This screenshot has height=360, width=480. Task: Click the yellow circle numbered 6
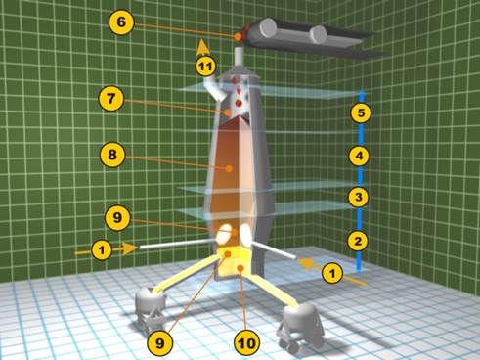[x=121, y=22]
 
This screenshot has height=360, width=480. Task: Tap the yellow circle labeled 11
[x=205, y=67]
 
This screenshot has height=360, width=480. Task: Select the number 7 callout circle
[x=111, y=99]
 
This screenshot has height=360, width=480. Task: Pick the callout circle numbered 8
[x=112, y=155]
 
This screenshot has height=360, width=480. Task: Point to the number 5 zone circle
[x=361, y=112]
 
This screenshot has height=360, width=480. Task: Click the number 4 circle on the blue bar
[x=359, y=156]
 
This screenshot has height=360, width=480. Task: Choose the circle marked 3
[x=359, y=197]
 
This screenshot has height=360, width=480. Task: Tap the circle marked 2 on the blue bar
[x=358, y=241]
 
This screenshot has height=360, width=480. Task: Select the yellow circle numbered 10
[x=246, y=343]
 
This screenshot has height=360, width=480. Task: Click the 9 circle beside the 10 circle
[x=159, y=343]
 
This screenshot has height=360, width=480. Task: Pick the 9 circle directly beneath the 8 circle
[x=117, y=217]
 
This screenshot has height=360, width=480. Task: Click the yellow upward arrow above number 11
[x=203, y=47]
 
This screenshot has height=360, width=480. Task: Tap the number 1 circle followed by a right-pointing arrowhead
[x=102, y=250]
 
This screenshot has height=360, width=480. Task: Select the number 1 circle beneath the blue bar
[x=332, y=273]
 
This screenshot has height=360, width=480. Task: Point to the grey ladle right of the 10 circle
[x=301, y=326]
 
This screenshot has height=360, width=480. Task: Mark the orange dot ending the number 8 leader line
[x=229, y=168]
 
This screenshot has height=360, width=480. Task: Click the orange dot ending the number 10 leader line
[x=240, y=268]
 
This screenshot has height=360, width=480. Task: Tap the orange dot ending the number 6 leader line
[x=239, y=37]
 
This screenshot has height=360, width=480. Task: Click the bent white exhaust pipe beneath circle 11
[x=216, y=87]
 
